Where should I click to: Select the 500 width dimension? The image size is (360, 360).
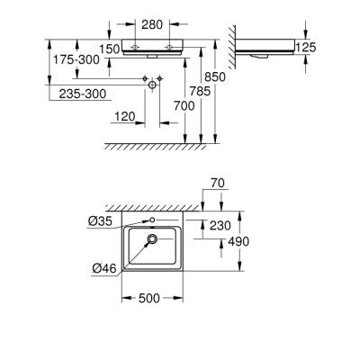(151, 299)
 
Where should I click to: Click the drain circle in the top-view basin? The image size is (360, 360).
(151, 239)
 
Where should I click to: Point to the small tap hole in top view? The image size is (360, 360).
(152, 220)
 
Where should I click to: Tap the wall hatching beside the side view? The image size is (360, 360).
(232, 40)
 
